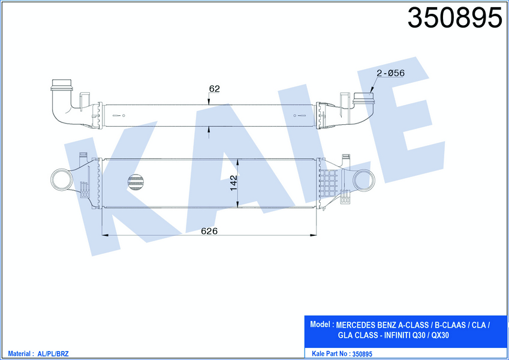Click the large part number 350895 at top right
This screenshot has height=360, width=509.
point(455,17)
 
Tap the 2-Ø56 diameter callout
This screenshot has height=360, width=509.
point(390,73)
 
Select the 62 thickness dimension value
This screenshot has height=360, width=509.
point(214,88)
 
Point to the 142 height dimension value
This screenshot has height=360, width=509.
point(234,183)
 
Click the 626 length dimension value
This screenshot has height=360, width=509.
point(209,231)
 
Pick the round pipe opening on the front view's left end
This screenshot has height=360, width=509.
point(62,179)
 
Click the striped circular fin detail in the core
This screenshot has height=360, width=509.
point(136,182)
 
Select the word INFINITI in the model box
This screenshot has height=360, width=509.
point(397,335)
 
